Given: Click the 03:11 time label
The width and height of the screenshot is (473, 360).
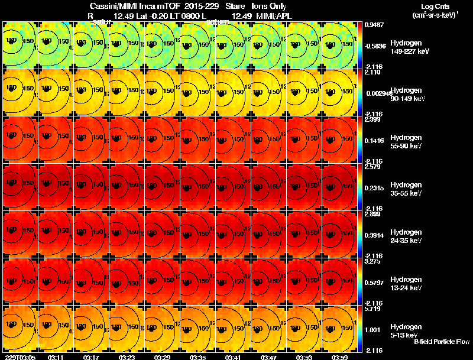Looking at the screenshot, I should tap(56, 357).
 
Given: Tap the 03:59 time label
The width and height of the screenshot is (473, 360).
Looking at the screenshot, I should tap(339, 357).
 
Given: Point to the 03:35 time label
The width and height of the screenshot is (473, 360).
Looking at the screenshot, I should tap(197, 357).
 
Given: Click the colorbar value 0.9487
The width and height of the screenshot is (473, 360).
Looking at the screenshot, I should tap(372, 25).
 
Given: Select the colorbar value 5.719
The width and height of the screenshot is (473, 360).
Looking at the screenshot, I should tap(371, 309).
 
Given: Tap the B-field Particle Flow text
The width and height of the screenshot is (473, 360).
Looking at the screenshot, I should tap(441, 342).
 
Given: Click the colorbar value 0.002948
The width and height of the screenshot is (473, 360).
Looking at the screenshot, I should tap(377, 93).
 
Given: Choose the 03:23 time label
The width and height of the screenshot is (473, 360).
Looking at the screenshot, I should tap(127, 357).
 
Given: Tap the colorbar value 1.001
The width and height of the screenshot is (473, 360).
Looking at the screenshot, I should tap(371, 329).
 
